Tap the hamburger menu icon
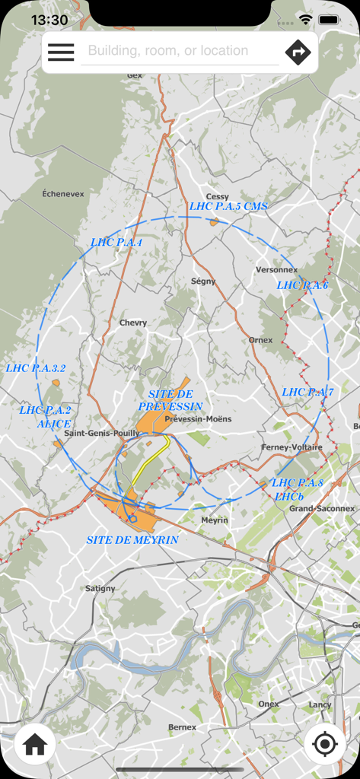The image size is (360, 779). click(61, 52)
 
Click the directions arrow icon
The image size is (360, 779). click(298, 52)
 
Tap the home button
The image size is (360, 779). click(35, 745)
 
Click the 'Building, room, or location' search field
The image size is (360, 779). click(180, 51)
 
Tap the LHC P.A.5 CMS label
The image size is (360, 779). click(228, 206)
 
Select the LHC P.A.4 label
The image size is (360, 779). click(116, 242)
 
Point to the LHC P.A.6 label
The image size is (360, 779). click(302, 285)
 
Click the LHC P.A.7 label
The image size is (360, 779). click(307, 392)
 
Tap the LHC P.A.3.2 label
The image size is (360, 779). click(36, 368)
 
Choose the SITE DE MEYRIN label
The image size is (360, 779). click(132, 539)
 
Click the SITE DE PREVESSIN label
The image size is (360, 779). click(170, 400)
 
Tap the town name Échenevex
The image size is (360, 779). click(63, 194)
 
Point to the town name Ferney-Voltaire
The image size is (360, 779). click(292, 447)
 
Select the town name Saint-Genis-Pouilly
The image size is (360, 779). click(102, 433)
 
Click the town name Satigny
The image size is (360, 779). click(100, 588)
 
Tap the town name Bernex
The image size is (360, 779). click(182, 727)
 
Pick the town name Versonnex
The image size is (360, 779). click(276, 269)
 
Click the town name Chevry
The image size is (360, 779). click(133, 323)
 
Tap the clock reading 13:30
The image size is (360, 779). click(49, 20)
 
